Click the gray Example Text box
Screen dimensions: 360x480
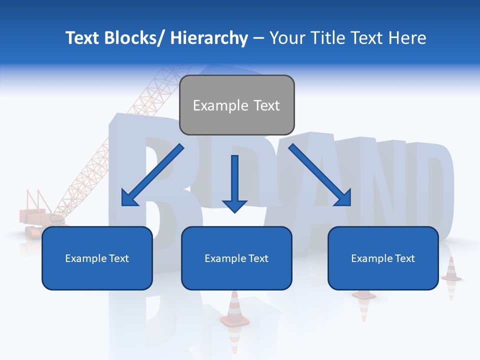pos(236,105)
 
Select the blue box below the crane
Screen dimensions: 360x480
pos(97,258)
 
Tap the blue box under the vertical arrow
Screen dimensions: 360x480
pos(236,258)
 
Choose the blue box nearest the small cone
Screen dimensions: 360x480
pos(383,258)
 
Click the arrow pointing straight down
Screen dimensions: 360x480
pos(234,183)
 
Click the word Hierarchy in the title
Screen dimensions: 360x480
pos(209,38)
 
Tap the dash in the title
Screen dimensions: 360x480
pos(258,38)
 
